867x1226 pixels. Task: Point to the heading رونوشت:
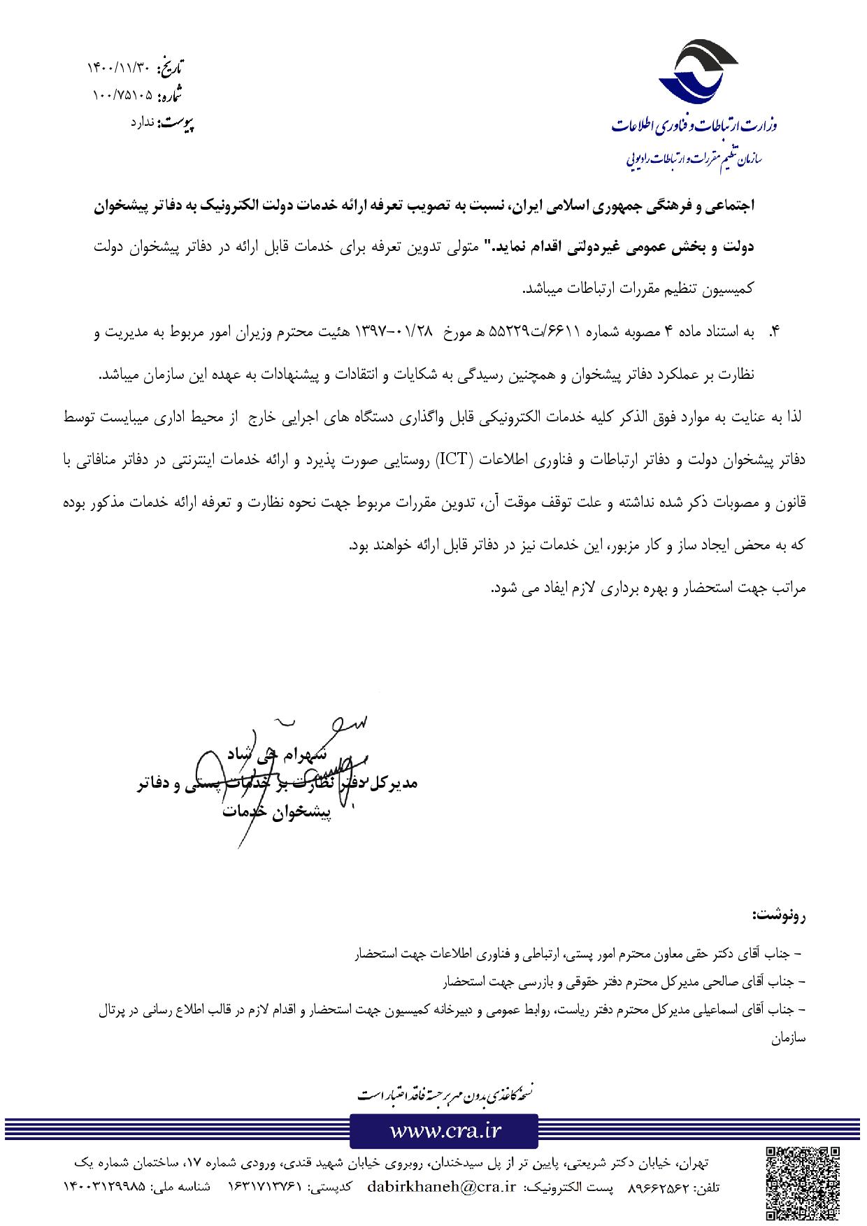coord(778,915)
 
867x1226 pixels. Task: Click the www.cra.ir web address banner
coord(444,1130)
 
